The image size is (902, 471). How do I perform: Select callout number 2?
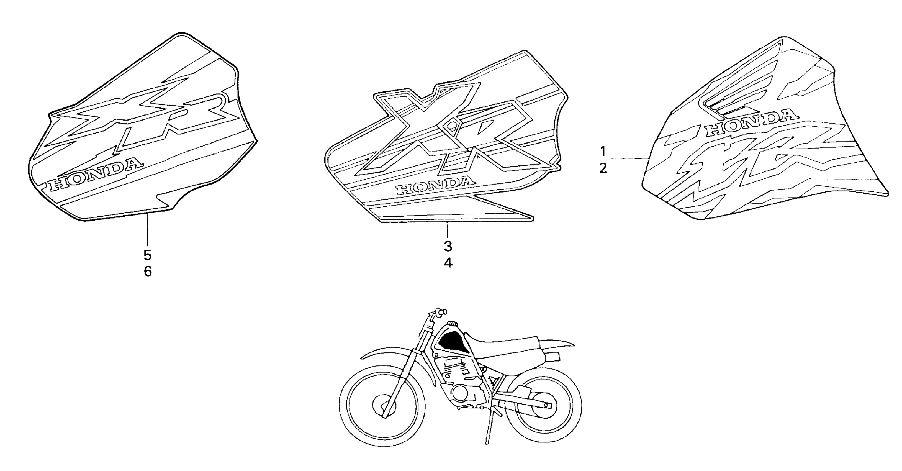click(603, 169)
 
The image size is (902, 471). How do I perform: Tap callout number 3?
click(448, 246)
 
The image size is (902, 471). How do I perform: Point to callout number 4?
click(448, 263)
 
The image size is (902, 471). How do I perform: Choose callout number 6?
click(148, 272)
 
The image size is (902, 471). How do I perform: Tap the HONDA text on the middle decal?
click(436, 186)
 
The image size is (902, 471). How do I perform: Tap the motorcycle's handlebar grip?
click(440, 312)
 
